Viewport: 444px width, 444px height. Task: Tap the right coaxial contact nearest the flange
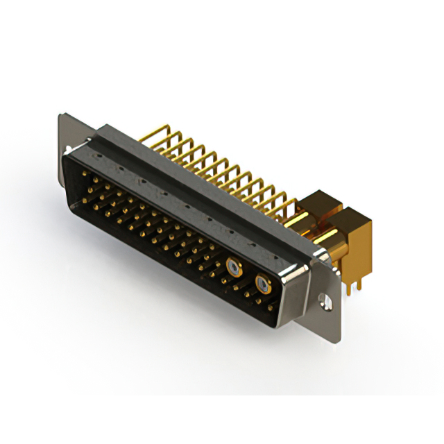[262, 283]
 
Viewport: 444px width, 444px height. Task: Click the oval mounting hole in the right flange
[323, 300]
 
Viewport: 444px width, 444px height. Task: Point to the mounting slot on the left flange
[67, 149]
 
